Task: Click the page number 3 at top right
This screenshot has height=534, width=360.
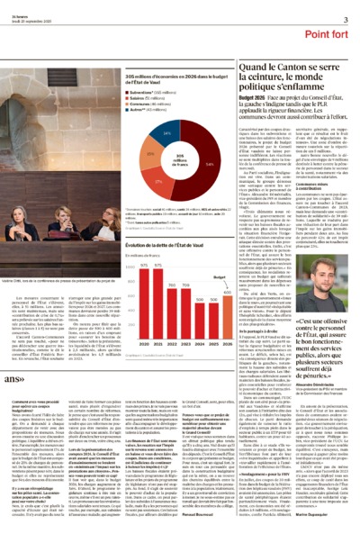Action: click(x=346, y=19)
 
